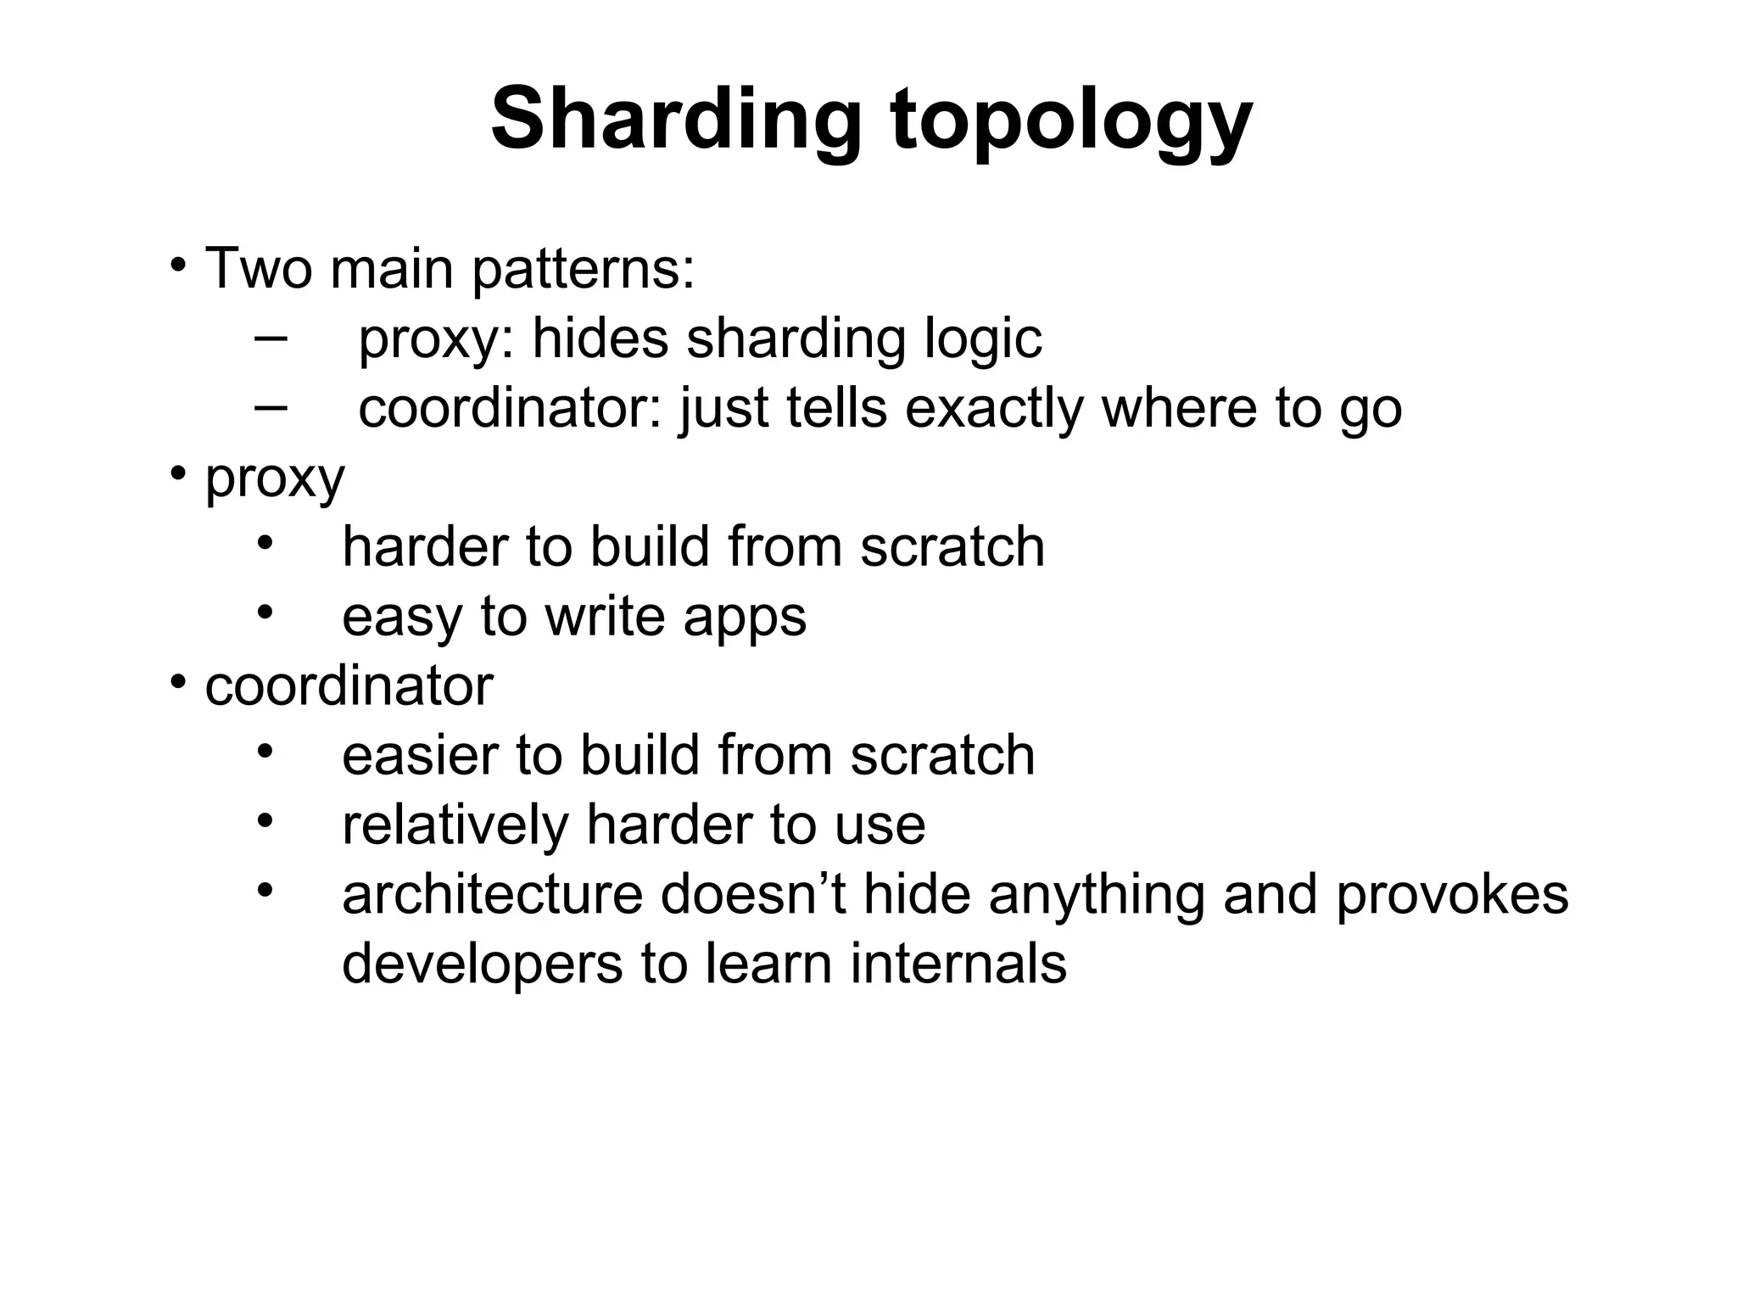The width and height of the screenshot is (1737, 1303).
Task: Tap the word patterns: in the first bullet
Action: click(583, 270)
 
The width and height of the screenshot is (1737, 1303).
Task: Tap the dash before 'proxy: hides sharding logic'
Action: click(270, 338)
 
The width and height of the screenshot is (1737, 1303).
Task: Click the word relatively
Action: click(455, 825)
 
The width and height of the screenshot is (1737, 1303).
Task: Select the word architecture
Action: click(492, 894)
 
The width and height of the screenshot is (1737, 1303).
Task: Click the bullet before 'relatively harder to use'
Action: click(265, 820)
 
